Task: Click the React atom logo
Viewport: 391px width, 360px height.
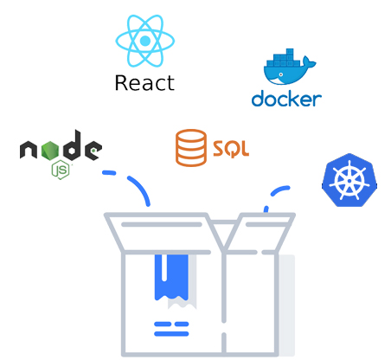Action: tap(145, 41)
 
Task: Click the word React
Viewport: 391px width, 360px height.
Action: tap(144, 83)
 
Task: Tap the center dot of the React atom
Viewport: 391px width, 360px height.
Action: tap(145, 41)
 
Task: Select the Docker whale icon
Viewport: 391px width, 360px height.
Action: tap(290, 67)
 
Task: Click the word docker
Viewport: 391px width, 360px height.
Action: tap(286, 99)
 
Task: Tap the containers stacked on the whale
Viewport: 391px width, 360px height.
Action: tap(284, 58)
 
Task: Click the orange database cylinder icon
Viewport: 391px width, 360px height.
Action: tap(191, 148)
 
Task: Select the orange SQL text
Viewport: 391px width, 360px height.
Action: tap(231, 149)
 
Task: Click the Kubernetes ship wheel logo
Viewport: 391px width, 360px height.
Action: tap(349, 180)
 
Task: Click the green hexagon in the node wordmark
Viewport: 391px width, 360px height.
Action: tap(50, 151)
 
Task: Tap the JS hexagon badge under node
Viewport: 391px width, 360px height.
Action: tap(61, 170)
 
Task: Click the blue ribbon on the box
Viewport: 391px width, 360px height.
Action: tap(171, 278)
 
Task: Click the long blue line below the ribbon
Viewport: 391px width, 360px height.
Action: tap(171, 334)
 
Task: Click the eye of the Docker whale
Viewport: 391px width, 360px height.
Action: tap(280, 74)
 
